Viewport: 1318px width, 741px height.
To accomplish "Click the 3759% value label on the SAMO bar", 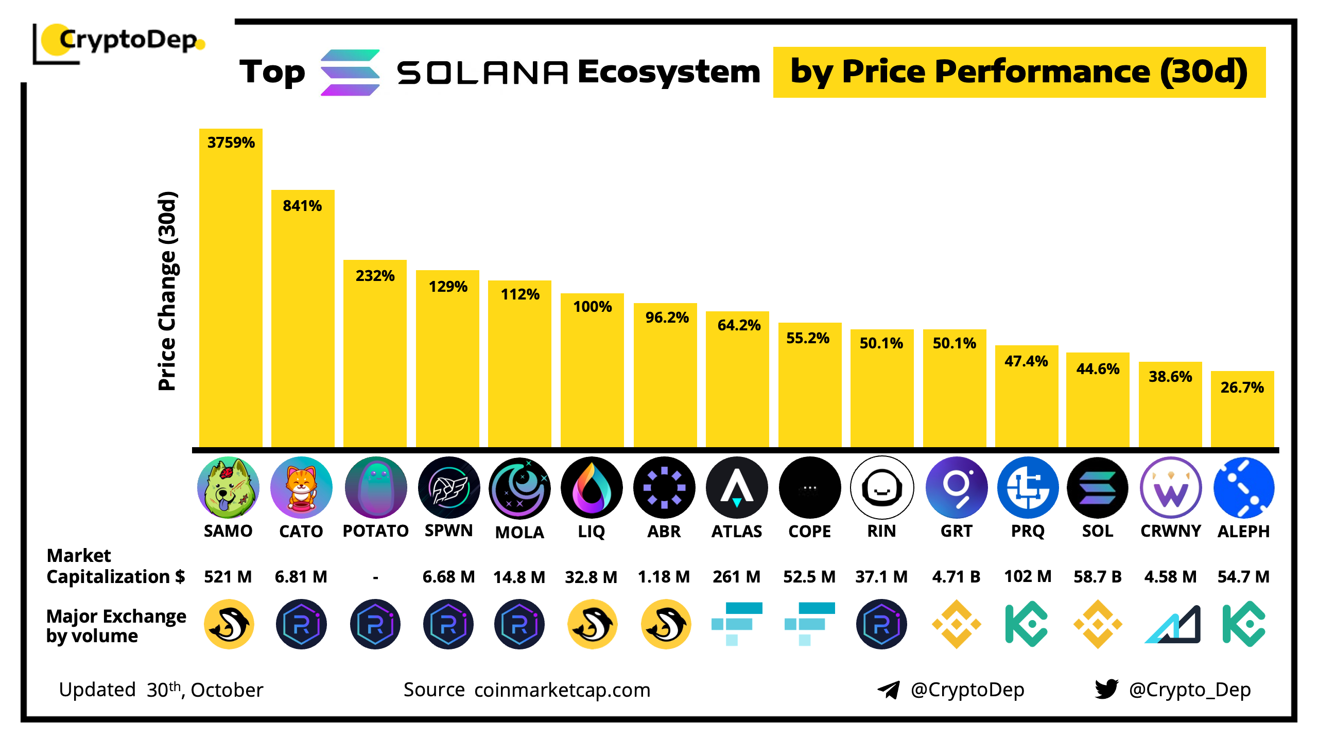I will (231, 143).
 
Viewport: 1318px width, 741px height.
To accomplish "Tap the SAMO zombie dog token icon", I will (228, 487).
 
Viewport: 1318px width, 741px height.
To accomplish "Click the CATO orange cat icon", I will (301, 487).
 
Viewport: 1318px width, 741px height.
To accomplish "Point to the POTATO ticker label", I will (375, 531).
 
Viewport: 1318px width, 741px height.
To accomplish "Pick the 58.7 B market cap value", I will (1097, 576).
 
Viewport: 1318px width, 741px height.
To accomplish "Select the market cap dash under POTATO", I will (375, 577).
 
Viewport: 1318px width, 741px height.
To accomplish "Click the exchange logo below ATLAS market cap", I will (736, 624).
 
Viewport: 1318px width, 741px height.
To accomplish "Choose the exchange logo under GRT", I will (956, 624).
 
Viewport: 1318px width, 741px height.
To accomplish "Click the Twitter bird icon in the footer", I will (1106, 689).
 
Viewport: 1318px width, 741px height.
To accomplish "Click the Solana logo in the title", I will (350, 72).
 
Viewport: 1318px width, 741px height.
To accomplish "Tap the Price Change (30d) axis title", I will (167, 291).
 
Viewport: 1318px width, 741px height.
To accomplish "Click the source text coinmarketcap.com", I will (562, 690).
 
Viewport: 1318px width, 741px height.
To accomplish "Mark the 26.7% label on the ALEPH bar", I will (1242, 387).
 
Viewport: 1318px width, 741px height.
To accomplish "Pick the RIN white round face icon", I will (882, 487).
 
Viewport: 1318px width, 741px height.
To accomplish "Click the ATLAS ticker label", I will (736, 531).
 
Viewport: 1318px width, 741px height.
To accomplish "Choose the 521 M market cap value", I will (228, 576).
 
